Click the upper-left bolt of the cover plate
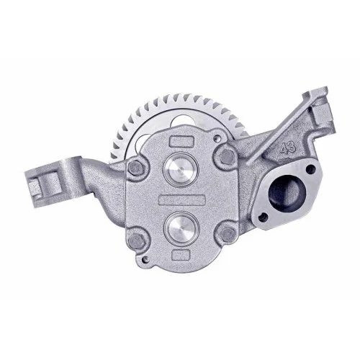pos(133,166)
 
